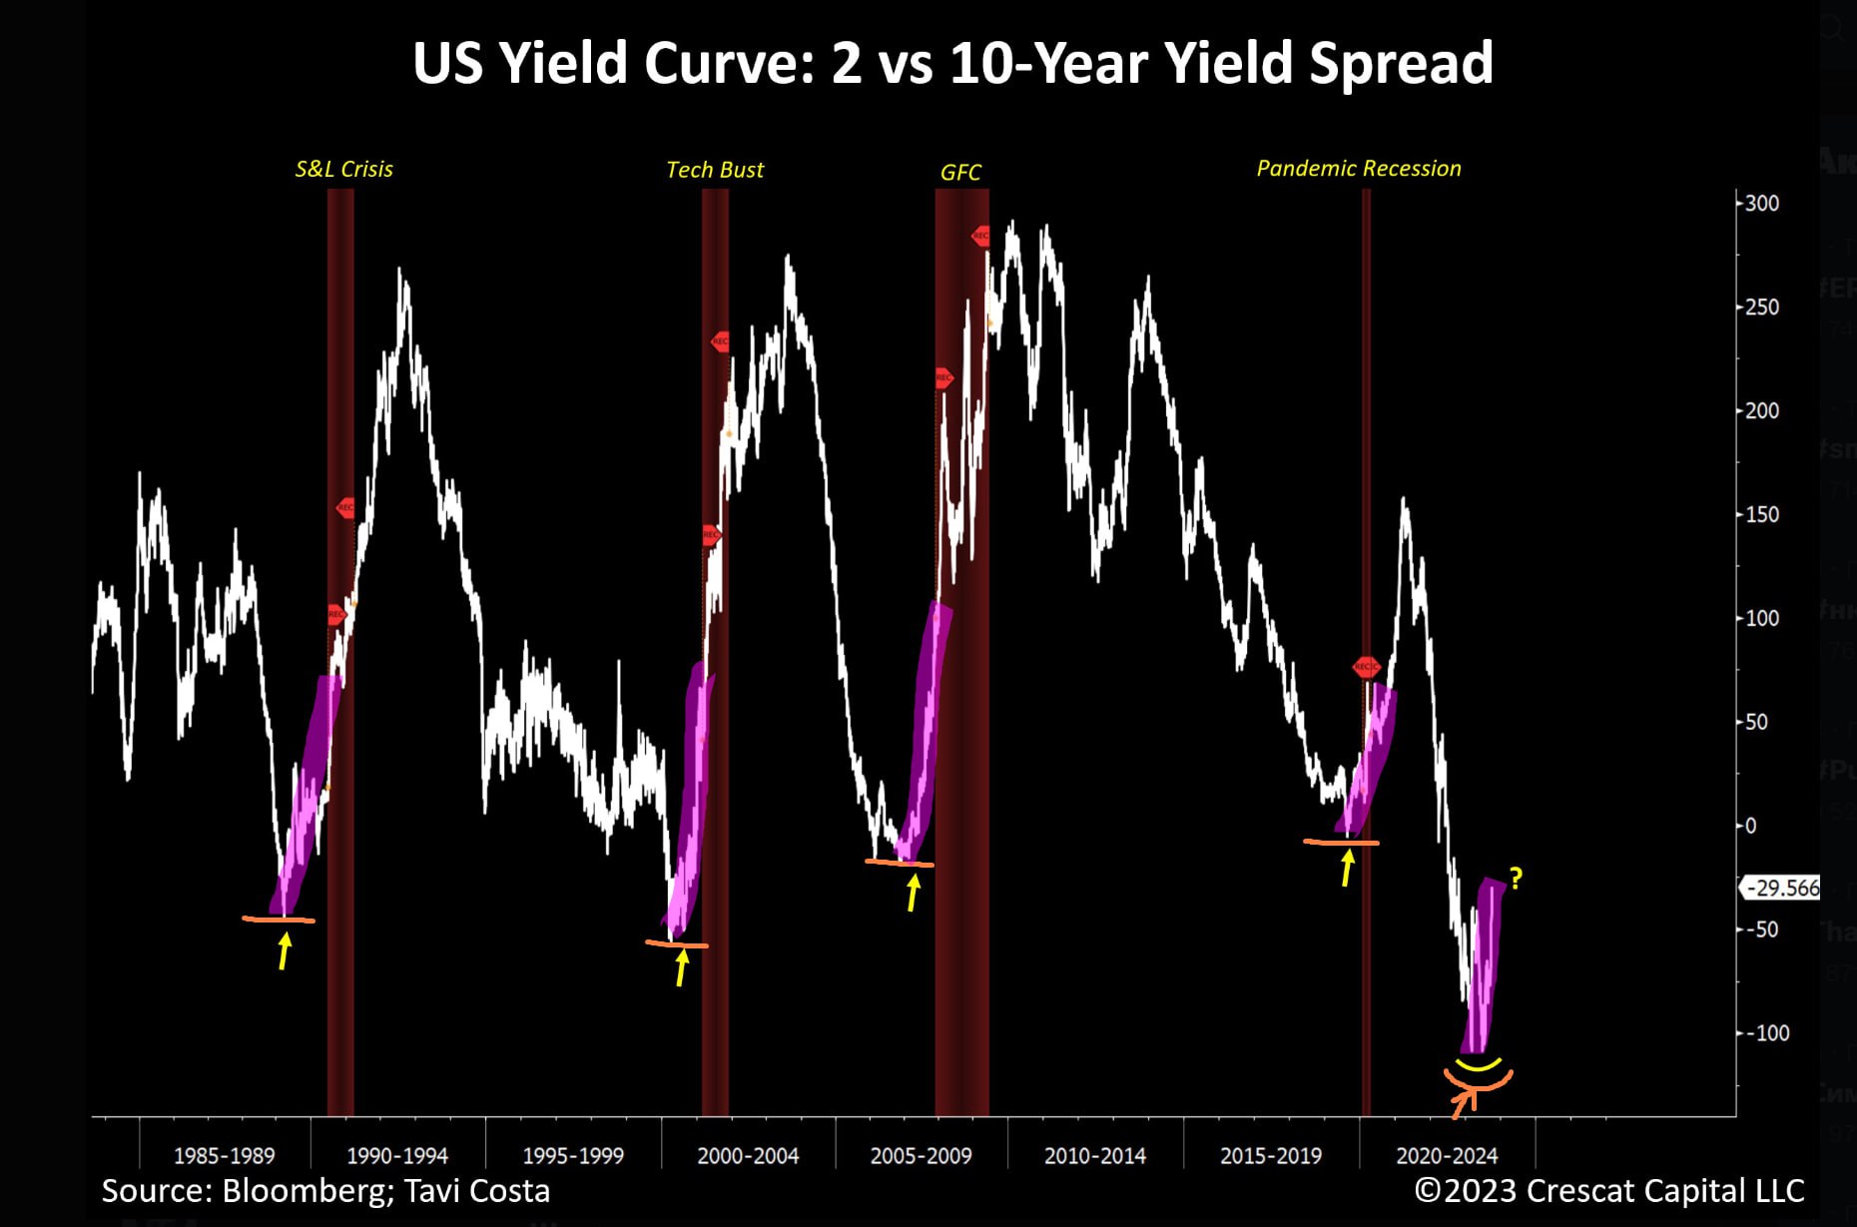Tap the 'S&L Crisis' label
pyautogui.click(x=343, y=169)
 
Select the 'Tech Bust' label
pyautogui.click(x=715, y=170)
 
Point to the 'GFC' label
pyautogui.click(x=960, y=173)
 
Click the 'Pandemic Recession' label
pyautogui.click(x=1358, y=168)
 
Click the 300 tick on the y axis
pyautogui.click(x=1761, y=204)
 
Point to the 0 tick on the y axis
pyautogui.click(x=1750, y=826)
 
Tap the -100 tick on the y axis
pyautogui.click(x=1767, y=1033)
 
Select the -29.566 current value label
pyautogui.click(x=1783, y=888)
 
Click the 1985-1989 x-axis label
pyautogui.click(x=224, y=1156)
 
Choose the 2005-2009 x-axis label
pyautogui.click(x=921, y=1156)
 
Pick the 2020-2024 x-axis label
pyautogui.click(x=1447, y=1156)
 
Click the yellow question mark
pyautogui.click(x=1517, y=879)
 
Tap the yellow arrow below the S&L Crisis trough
pyautogui.click(x=285, y=950)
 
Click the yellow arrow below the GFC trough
pyautogui.click(x=913, y=892)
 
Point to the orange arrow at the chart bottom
pyautogui.click(x=1464, y=1102)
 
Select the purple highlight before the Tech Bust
pyautogui.click(x=689, y=799)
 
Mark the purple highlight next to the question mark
pyautogui.click(x=1484, y=963)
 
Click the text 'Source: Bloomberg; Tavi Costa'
pyautogui.click(x=325, y=1191)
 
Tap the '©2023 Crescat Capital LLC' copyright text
pyautogui.click(x=1609, y=1191)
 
